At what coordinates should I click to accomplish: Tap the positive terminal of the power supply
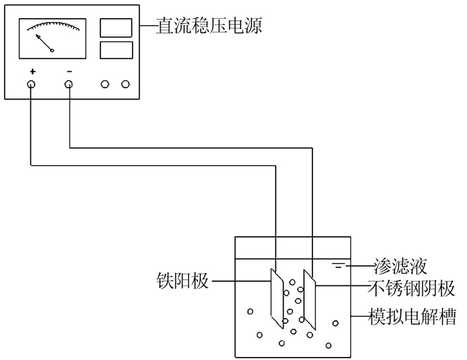coord(31,85)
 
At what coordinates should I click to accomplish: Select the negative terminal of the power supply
coord(69,85)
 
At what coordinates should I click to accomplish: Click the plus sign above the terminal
coord(32,71)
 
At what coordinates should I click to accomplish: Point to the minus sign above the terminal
coord(69,71)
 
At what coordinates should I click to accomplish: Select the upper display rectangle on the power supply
coord(116,27)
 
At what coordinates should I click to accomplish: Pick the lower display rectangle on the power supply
coord(116,50)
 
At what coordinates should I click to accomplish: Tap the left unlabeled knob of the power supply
coord(105,85)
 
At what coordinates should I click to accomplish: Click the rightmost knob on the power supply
coord(126,85)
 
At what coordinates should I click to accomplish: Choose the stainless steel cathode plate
coord(309,302)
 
